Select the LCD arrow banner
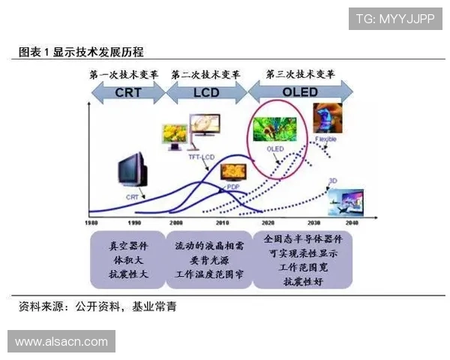[x=205, y=92]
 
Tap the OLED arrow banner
[x=300, y=92]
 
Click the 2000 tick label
[x=176, y=223]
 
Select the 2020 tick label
[x=264, y=223]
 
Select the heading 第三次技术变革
[x=300, y=75]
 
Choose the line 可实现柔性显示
[x=303, y=253]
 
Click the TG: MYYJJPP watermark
[x=394, y=18]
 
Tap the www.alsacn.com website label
[x=61, y=342]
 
